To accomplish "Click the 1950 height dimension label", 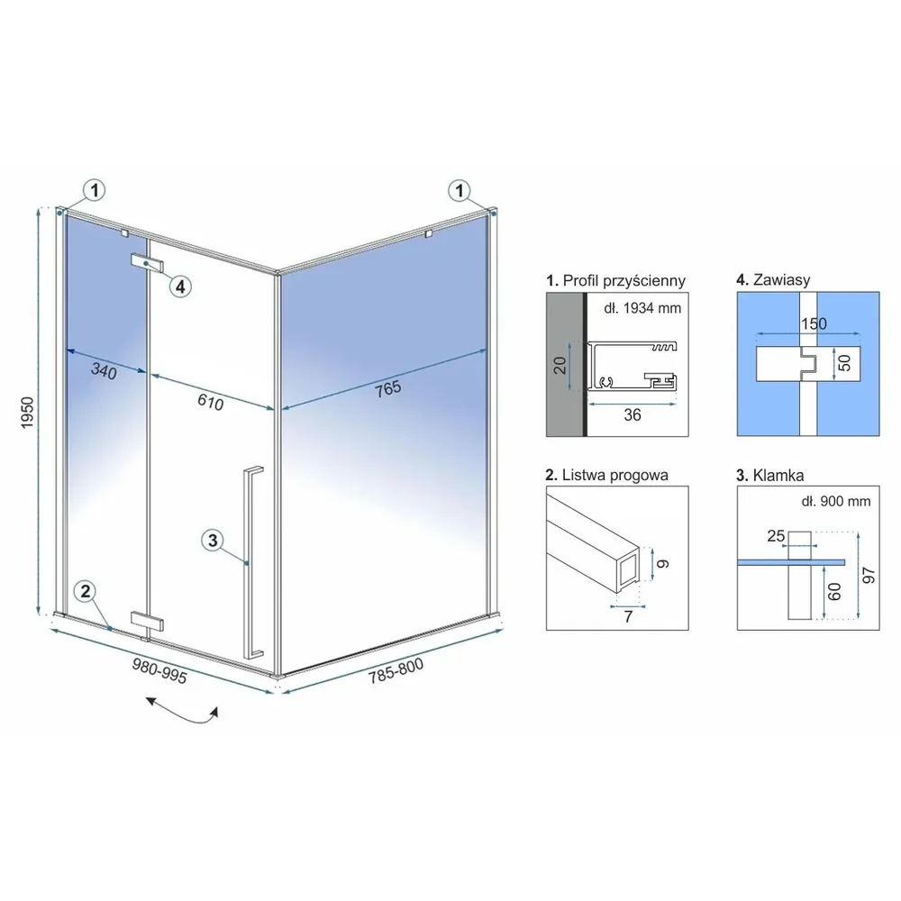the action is (27, 412).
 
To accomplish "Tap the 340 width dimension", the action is (104, 371).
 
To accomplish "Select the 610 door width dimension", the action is (210, 401).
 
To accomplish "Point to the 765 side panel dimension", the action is (387, 389).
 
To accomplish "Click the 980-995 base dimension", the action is (159, 670).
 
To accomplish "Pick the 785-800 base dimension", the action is (396, 670).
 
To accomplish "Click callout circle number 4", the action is (180, 287).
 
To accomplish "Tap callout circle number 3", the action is (214, 540).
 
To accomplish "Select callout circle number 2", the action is (86, 591).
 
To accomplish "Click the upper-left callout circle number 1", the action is (95, 189).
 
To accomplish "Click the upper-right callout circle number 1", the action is (460, 190).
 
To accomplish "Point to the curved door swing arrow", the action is (183, 713).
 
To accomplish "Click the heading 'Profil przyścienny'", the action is (624, 280).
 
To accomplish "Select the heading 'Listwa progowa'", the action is (615, 475).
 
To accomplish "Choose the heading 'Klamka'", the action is (778, 475).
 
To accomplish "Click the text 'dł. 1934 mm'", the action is (642, 308).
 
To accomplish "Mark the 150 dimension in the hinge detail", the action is (814, 324).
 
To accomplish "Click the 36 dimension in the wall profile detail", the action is (633, 414).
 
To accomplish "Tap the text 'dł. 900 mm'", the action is (836, 501).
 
